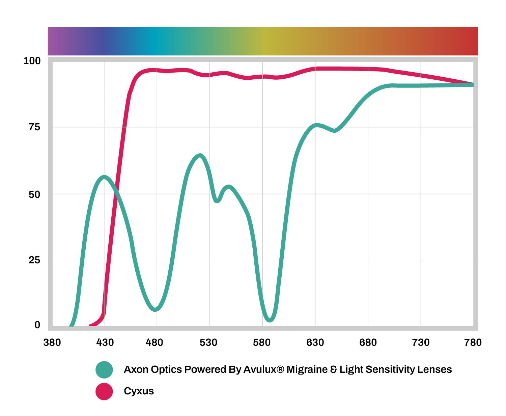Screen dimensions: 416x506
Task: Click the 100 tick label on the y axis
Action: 32,61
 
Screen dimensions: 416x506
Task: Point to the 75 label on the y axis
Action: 34,127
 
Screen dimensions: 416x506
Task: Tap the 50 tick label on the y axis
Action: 34,194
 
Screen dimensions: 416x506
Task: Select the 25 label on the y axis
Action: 34,260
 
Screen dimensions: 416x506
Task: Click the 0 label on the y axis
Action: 37,325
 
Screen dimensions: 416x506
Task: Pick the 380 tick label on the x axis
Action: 52,343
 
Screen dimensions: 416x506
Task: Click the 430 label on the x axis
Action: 105,343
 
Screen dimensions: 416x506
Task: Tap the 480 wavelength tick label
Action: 154,343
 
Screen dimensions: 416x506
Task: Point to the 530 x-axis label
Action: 208,343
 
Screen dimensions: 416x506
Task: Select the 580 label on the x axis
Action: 262,343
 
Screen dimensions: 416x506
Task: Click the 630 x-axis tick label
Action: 315,343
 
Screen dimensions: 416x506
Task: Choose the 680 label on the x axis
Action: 368,343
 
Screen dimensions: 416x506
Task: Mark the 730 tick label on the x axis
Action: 421,343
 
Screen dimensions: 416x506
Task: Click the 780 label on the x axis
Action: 473,343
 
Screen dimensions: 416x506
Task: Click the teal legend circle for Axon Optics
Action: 104,370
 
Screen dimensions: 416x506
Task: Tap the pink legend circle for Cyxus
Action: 104,391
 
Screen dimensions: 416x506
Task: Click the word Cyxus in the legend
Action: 139,391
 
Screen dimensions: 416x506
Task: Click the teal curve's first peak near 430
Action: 104,177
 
